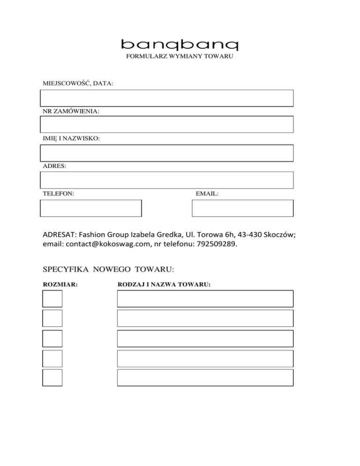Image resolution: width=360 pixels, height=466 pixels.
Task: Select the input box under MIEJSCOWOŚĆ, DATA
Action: click(x=167, y=98)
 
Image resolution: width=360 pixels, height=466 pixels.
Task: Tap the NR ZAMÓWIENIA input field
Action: click(x=167, y=124)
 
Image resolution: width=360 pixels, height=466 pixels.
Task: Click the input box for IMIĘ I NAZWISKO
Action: click(x=167, y=153)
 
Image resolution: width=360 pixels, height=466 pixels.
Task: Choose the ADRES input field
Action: click(x=167, y=180)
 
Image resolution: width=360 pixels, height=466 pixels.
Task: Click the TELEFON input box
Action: click(x=91, y=208)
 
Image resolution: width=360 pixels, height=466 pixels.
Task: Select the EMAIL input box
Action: click(x=242, y=208)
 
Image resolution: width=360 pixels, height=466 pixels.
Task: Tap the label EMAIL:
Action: click(x=207, y=193)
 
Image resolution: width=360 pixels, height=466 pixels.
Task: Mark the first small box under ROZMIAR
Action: click(x=52, y=298)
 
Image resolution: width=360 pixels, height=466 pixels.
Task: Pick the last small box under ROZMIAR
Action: click(x=52, y=377)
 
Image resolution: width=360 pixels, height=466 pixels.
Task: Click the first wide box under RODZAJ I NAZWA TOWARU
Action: click(x=205, y=298)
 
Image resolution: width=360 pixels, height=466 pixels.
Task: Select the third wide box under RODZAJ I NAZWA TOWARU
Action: click(x=205, y=338)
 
